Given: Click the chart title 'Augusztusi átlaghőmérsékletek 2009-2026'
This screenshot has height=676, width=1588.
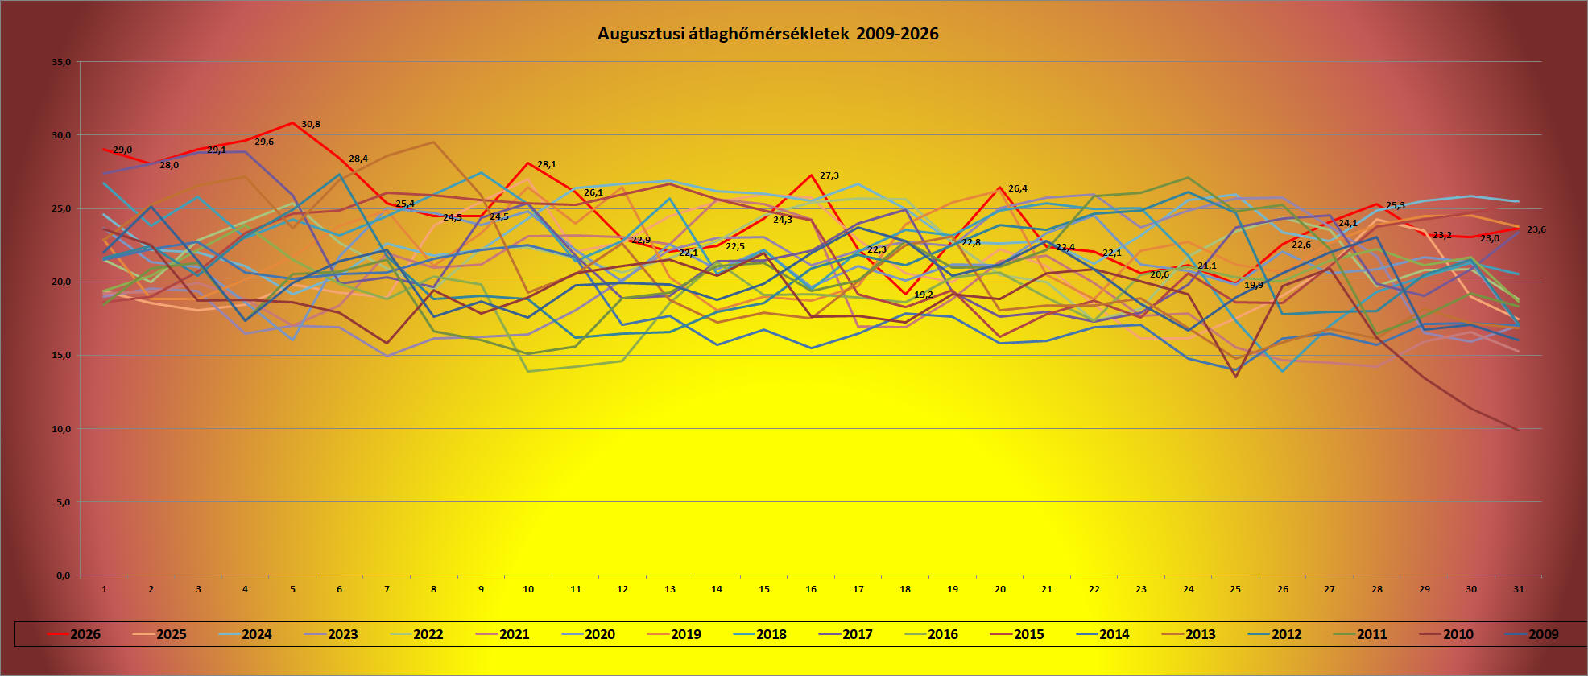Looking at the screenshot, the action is (767, 34).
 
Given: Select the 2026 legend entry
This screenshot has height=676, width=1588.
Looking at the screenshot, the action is (74, 634).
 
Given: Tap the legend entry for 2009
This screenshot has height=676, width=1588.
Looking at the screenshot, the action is (1532, 634).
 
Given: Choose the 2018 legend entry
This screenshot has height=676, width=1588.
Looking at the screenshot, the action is (759, 634).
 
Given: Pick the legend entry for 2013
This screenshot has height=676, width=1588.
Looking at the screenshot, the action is (1189, 634).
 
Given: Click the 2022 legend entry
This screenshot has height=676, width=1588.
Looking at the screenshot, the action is (416, 634).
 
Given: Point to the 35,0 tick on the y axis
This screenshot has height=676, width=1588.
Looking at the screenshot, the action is (61, 62).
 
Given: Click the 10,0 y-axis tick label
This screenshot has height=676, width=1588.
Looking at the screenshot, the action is (61, 429).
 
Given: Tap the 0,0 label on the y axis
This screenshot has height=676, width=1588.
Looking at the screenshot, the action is (64, 575).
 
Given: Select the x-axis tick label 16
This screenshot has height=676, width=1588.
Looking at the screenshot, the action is (811, 589).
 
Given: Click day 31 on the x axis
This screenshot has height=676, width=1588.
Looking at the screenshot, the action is (1518, 589).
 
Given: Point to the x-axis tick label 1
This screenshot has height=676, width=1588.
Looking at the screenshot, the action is (104, 589).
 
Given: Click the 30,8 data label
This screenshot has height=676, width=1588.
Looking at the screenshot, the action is (311, 124).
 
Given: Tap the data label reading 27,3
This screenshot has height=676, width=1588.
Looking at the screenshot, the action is (829, 175).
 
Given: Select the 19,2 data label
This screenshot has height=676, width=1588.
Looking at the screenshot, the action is (924, 295).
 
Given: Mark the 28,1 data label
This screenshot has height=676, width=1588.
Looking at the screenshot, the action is (547, 164).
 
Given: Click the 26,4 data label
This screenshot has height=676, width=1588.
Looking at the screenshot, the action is (1018, 188).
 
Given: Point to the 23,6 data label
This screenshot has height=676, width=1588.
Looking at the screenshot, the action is (1536, 229).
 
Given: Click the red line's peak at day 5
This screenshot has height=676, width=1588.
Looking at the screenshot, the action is (292, 122).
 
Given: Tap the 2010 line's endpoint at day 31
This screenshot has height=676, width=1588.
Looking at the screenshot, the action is (1518, 430).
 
